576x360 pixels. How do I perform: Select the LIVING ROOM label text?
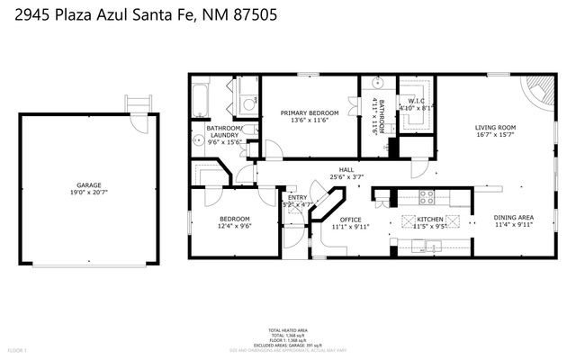[495, 128]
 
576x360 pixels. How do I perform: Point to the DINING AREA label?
[513, 218]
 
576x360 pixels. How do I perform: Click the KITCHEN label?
[429, 219]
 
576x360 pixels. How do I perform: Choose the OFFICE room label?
[350, 220]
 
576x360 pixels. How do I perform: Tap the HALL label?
[346, 167]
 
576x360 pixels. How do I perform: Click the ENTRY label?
[297, 198]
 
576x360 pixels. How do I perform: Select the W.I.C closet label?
[416, 101]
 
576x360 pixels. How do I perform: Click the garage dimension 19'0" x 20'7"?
[88, 192]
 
